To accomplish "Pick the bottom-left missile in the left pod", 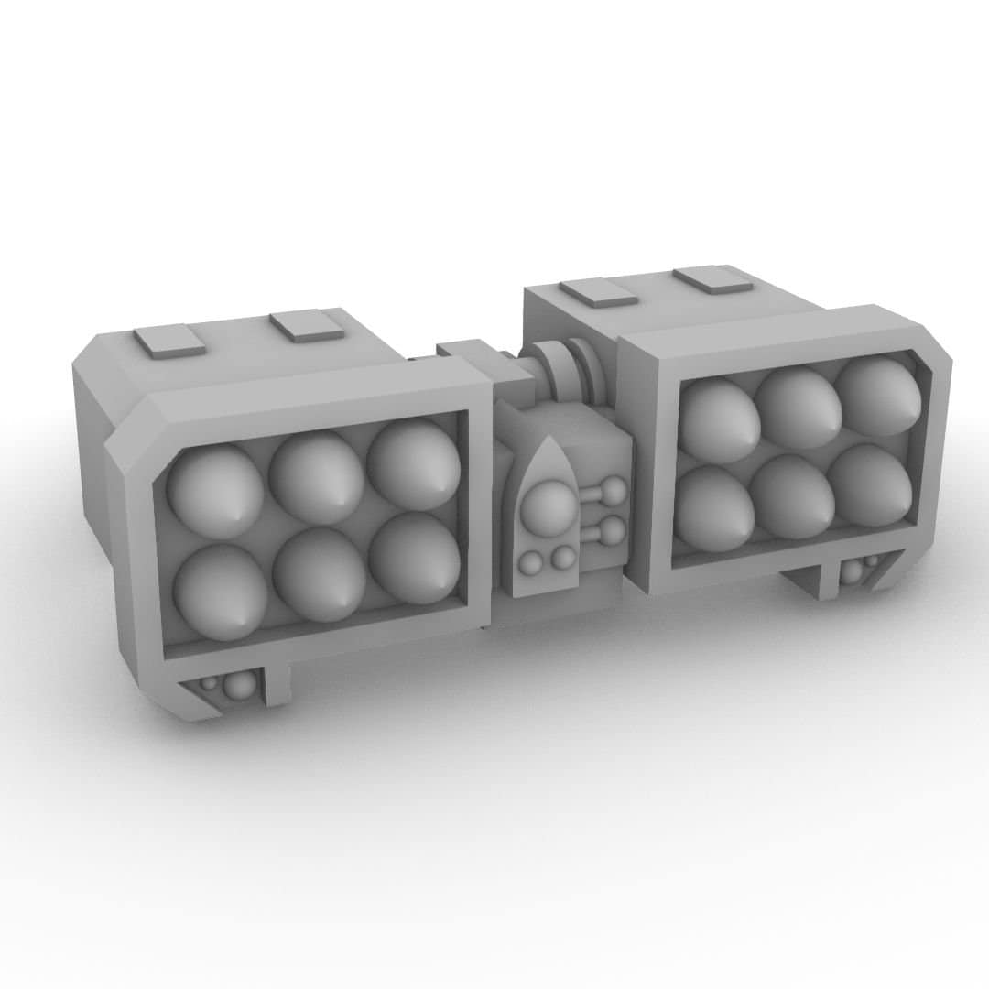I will point(220,592).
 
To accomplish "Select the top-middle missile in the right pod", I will point(799,407).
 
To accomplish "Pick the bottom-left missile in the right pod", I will point(714,507).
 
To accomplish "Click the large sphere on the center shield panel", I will point(551,506).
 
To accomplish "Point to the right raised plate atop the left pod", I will point(307,324).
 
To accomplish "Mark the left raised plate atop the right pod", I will point(598,291).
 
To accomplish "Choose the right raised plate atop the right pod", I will point(712,277).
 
